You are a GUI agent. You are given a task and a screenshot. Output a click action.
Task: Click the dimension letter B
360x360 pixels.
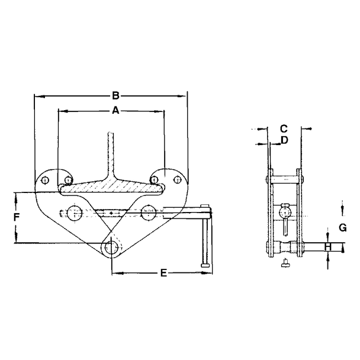point(116,95)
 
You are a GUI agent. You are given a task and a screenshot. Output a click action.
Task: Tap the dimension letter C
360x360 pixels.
point(284,128)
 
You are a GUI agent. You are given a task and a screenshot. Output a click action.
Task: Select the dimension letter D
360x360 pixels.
point(284,140)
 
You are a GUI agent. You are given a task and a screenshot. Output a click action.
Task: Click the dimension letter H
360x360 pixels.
point(327,247)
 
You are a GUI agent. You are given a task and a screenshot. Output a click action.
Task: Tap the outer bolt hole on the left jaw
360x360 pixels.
point(46,180)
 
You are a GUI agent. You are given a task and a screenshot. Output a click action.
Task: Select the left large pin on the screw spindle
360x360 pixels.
point(75,211)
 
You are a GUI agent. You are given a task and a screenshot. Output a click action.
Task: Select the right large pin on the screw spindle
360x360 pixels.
point(147,211)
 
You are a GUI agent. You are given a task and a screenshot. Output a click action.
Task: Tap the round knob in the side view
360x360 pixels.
point(285,210)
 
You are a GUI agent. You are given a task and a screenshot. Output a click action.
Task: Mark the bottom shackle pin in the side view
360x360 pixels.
point(285,247)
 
